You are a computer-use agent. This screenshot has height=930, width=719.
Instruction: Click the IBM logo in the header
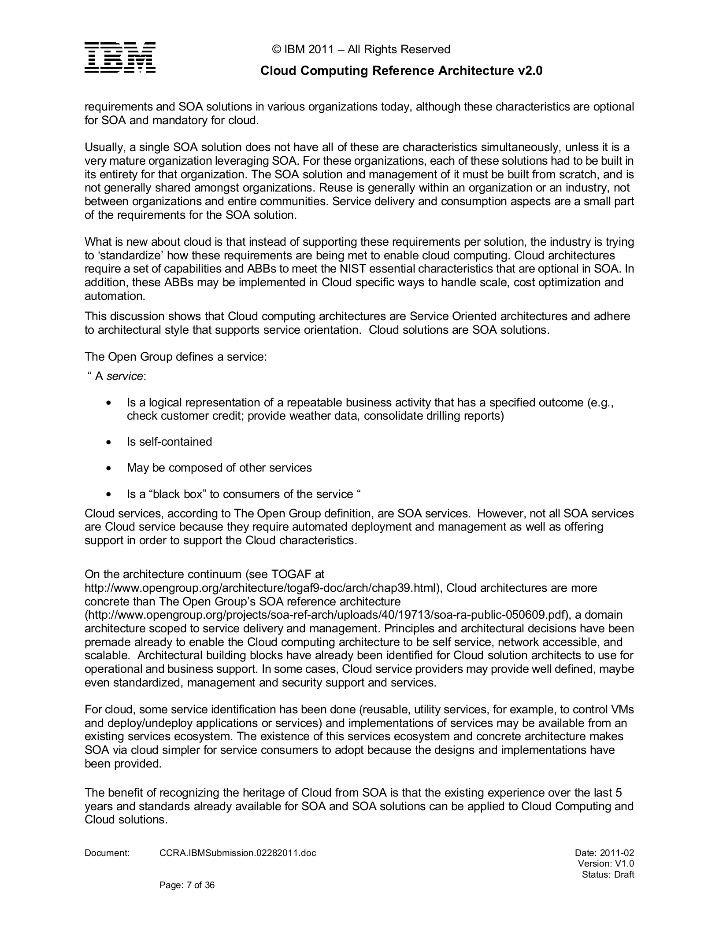120,57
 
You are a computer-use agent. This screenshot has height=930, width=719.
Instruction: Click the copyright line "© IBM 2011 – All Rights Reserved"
361,49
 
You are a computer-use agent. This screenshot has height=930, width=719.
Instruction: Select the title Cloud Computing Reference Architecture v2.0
401,71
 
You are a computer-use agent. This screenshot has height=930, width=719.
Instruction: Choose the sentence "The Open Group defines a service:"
176,357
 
